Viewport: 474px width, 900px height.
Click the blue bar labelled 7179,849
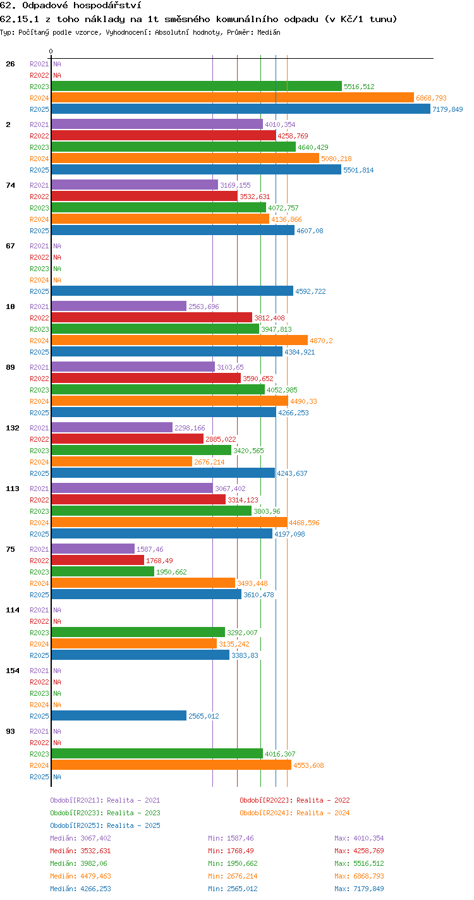241,109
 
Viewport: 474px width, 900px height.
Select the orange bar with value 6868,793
233,97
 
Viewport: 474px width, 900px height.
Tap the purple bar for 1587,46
93,549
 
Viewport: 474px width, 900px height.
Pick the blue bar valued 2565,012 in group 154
119,715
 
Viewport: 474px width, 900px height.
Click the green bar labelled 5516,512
197,87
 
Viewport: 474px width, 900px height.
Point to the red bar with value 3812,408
152,317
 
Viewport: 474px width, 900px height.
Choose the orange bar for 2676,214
122,461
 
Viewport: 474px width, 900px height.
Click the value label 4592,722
310,291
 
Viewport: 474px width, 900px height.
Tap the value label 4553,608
308,765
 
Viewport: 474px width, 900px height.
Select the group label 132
13,428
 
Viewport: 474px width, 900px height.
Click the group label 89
11,367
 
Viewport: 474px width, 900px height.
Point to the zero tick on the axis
51,51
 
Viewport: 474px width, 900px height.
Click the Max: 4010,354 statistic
359,838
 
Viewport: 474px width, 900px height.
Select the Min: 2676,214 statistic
233,876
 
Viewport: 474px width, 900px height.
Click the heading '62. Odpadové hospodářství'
71,6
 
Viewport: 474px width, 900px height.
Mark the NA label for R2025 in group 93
57,777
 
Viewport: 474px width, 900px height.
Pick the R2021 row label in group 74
39,185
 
